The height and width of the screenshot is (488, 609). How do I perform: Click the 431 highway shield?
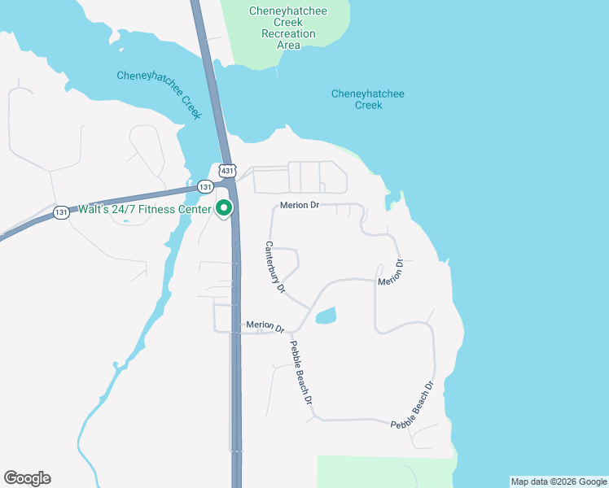pyautogui.click(x=227, y=171)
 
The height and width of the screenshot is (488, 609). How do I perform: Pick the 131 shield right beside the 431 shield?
pyautogui.click(x=205, y=186)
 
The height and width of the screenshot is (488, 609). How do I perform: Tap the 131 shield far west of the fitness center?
pyautogui.click(x=61, y=212)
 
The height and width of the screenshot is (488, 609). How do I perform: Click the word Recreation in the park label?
pyautogui.click(x=288, y=34)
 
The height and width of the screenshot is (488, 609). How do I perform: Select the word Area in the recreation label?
pyautogui.click(x=288, y=46)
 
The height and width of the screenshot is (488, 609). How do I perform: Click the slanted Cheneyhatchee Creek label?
pyautogui.click(x=159, y=92)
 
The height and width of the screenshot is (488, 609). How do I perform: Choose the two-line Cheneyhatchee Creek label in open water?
pyautogui.click(x=368, y=99)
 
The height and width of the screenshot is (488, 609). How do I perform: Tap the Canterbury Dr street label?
pyautogui.click(x=275, y=267)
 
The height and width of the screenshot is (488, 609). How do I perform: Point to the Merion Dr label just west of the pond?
pyautogui.click(x=265, y=326)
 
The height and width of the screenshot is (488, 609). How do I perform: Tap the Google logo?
pyautogui.click(x=27, y=478)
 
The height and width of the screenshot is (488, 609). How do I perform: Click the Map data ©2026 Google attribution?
pyautogui.click(x=559, y=481)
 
